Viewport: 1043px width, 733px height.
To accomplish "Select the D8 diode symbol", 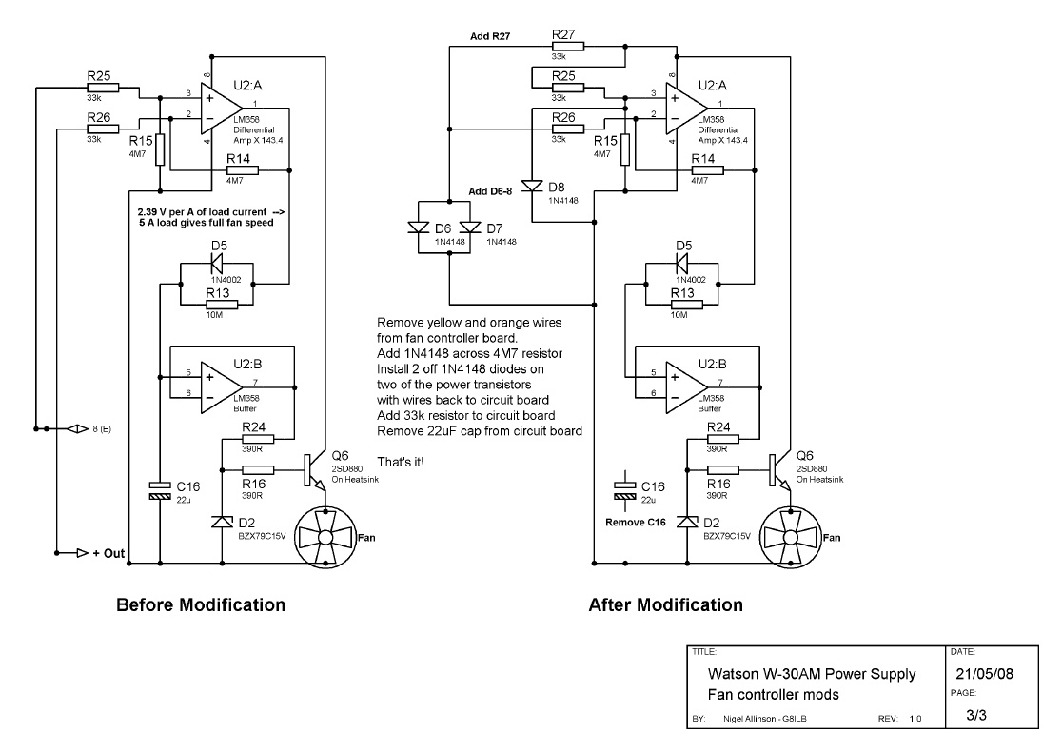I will pyautogui.click(x=531, y=186).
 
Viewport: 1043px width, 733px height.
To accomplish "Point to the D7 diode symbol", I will pyautogui.click(x=469, y=228).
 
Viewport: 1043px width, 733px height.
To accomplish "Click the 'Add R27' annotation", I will pyautogui.click(x=491, y=36).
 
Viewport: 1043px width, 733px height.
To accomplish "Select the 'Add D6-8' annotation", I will pyautogui.click(x=491, y=191).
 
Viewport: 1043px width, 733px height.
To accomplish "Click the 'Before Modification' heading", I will pyautogui.click(x=200, y=604).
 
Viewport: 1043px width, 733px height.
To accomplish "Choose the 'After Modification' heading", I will pyautogui.click(x=665, y=604).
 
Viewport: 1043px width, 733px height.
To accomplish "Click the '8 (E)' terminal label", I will pyautogui.click(x=101, y=429).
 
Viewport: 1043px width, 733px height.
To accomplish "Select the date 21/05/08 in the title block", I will pyautogui.click(x=986, y=674).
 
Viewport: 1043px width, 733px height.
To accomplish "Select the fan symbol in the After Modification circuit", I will pyautogui.click(x=789, y=537).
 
